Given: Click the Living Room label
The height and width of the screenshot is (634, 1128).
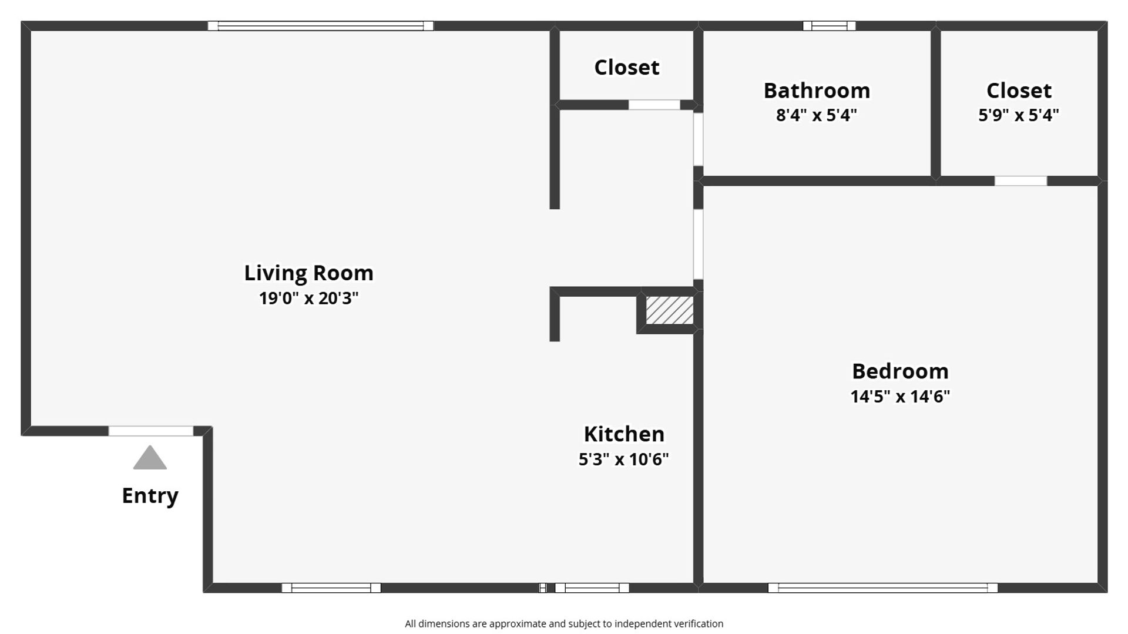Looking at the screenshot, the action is coord(308,273).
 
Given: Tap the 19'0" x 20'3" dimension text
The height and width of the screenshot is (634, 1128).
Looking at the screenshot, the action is coord(308,298).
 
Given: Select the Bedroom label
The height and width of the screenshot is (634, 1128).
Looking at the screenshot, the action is coord(900,371).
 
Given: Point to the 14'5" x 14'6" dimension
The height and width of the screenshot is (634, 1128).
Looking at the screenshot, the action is coord(900,397).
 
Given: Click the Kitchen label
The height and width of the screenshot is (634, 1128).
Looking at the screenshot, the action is coord(624,434).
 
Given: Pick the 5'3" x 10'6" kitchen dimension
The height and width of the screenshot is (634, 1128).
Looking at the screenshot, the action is coord(624,459).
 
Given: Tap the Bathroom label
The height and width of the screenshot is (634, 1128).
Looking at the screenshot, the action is coord(817,90).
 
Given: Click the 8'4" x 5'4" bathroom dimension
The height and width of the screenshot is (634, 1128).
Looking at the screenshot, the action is coord(817,115).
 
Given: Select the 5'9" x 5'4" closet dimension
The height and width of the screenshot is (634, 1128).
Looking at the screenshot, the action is coord(1019,115).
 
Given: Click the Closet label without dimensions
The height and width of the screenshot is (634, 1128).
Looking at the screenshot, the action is coord(627,68).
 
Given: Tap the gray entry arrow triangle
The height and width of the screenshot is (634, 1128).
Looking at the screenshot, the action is coord(150,458).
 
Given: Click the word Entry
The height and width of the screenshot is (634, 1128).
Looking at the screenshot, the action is coord(150,496).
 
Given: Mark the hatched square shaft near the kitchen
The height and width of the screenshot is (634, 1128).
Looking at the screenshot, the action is coord(670,310).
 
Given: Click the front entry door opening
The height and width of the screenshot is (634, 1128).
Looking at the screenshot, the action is coord(151,431).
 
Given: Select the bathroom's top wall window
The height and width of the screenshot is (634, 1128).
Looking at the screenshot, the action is coord(830,26).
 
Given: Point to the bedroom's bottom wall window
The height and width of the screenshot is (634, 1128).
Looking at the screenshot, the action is coord(883,588).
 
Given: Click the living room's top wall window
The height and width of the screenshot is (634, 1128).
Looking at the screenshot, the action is coord(321,26).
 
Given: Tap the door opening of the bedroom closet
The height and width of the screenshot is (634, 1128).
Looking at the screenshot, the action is coord(1020,181).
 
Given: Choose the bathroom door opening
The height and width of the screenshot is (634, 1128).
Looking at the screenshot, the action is coord(698,139).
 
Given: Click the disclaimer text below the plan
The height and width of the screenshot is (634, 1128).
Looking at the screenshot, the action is coord(564,624).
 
